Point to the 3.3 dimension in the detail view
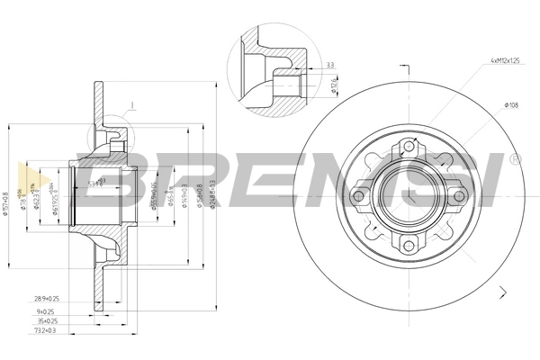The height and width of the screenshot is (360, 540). coord(329,66)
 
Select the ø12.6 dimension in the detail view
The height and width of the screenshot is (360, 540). coord(335,85)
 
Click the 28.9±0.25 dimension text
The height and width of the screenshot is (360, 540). coord(46,297)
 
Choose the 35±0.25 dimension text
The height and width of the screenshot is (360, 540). coord(47,319)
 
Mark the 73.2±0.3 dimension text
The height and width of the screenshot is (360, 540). coord(45,331)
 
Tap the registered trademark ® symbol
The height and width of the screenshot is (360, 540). coord(514,158)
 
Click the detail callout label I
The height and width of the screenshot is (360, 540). coord(131,105)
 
